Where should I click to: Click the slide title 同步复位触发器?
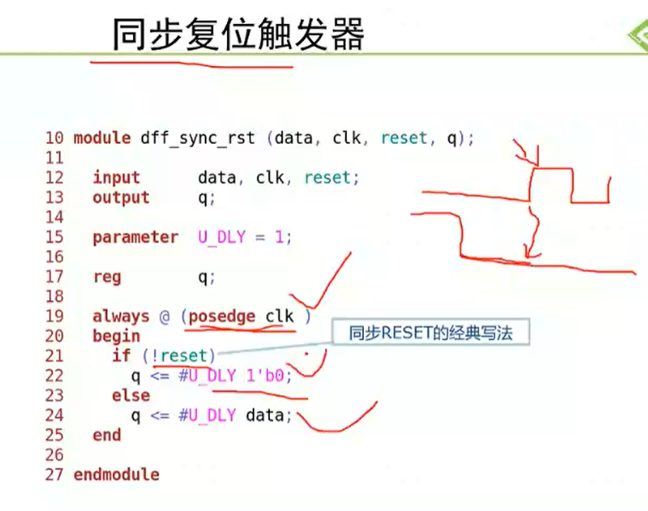[238, 34]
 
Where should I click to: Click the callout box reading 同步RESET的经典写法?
[431, 331]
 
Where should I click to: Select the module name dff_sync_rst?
[198, 138]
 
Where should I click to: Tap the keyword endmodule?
[116, 474]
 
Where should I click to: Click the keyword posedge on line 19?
[222, 317]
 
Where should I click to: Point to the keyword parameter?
[135, 237]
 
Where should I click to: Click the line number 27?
[54, 475]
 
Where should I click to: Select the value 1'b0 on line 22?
[265, 376]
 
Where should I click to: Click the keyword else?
[131, 395]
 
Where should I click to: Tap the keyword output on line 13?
[121, 198]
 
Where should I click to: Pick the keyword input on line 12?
[116, 178]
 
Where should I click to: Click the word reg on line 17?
[107, 277]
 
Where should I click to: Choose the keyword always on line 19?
[121, 317]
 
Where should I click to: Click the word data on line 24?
[265, 415]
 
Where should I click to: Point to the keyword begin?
[116, 336]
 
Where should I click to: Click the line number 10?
[54, 138]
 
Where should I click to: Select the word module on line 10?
[102, 138]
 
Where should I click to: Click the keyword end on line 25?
[107, 435]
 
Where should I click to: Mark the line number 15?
[54, 237]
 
